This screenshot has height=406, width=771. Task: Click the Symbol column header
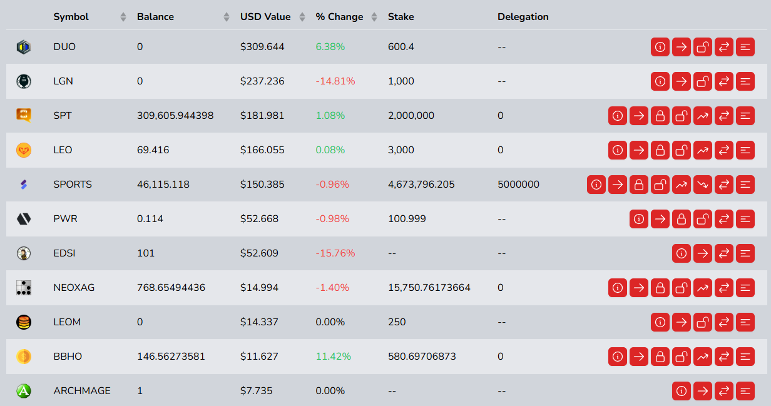coord(71,17)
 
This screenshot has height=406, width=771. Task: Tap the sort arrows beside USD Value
coord(302,17)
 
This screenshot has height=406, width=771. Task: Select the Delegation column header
coord(523,17)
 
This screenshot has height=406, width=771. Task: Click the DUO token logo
coord(23,47)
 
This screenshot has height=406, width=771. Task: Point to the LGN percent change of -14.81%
coord(335,81)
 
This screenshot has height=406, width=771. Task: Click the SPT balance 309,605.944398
coord(175,116)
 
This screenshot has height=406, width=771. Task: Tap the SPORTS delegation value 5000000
coord(518,185)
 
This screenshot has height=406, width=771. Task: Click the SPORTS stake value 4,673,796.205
coord(421,185)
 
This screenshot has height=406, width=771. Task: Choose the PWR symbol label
coord(65,219)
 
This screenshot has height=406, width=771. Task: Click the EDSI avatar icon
coord(23,253)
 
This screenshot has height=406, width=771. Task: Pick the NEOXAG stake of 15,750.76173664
coord(429,288)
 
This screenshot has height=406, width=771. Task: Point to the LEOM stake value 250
coord(397,322)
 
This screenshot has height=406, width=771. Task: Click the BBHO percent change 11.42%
coord(333,357)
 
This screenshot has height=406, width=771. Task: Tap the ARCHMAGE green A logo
coord(23,391)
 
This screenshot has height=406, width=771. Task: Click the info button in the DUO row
coord(660,47)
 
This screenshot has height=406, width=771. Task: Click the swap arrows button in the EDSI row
coord(724,253)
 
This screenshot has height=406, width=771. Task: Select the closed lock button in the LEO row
coord(660,150)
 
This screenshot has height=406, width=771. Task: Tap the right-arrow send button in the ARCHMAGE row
coord(703,391)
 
